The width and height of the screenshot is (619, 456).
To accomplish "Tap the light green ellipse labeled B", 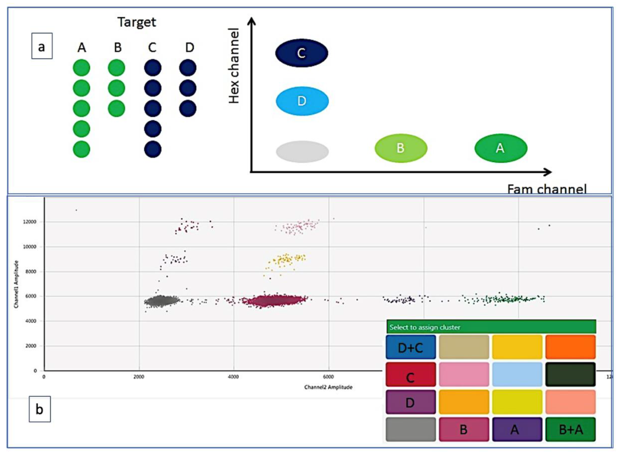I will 401,148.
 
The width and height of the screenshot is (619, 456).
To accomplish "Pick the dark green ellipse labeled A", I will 501,148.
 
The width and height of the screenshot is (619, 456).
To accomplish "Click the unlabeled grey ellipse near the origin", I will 302,151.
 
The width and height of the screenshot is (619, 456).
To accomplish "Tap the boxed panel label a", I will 42,46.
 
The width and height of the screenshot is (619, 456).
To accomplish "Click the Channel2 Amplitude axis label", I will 328,387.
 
